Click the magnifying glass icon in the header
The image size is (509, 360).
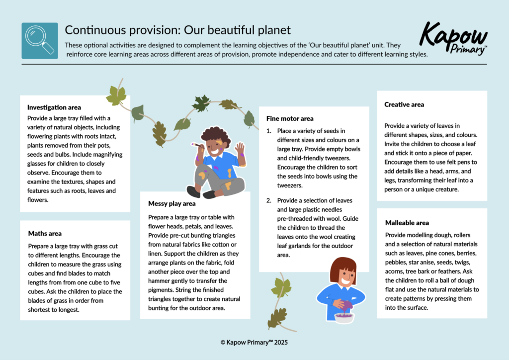click(40, 41)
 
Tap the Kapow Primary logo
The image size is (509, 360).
click(453, 39)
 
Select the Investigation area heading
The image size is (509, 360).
click(54, 107)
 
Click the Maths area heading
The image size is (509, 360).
click(45, 233)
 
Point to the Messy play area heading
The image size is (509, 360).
click(171, 203)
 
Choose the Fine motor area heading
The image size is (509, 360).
click(290, 118)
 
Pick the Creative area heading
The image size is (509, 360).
click(404, 104)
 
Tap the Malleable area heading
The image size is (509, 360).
click(407, 223)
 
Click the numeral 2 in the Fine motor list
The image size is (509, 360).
click(269, 200)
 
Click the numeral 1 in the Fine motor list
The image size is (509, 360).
click(269, 131)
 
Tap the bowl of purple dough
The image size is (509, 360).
click(344, 317)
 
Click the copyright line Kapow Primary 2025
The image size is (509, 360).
click(254, 342)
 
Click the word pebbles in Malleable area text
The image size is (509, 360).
click(395, 262)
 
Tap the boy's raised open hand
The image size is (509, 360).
click(240, 149)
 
